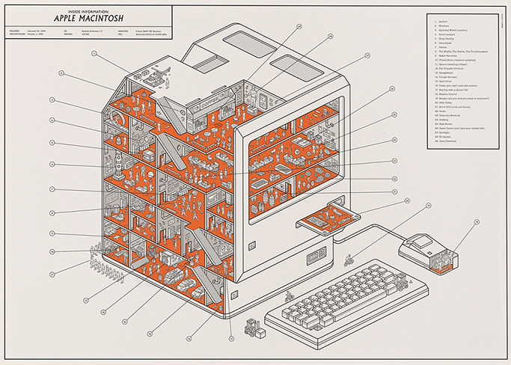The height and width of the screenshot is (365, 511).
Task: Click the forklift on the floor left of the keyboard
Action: click(252, 327)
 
